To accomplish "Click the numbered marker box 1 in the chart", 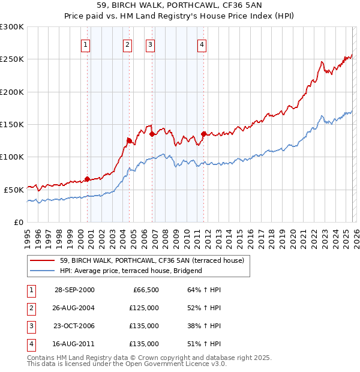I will pos(86,44).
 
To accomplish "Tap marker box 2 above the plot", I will pos(128,44).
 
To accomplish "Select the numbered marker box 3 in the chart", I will pos(150,44).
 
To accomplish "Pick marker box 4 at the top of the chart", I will pos(202,44).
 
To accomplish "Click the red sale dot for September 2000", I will pos(88,179).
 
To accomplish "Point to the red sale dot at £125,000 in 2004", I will pos(129,140).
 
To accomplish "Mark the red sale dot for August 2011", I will pos(203,134).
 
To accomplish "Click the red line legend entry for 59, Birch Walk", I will pos(151,260).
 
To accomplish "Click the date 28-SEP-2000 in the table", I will pos(74,290).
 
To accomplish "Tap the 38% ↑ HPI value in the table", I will pos(200,327).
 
